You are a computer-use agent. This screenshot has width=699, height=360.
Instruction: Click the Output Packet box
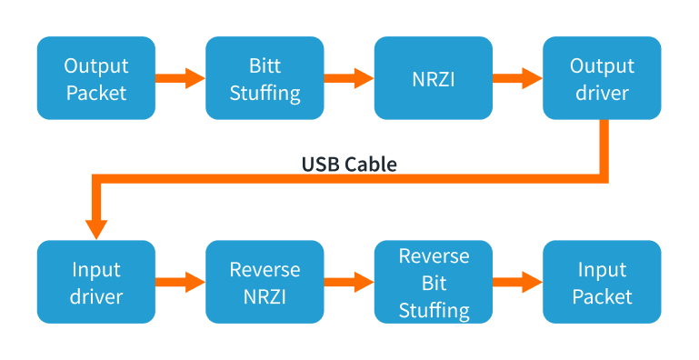96,78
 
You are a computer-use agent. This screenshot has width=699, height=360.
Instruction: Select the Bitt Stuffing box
265,78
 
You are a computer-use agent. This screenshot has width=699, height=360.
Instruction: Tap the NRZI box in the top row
434,78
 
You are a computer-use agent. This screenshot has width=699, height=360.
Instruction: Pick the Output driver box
601,78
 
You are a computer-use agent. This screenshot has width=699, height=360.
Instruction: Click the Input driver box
96,282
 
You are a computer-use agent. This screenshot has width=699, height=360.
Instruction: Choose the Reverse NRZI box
265,282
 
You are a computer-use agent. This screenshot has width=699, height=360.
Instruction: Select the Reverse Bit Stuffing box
434,282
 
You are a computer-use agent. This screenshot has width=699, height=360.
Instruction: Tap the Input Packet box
601,282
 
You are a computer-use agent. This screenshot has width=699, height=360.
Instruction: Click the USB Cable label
349,165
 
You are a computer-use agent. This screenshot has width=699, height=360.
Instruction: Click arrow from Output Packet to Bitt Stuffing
180,78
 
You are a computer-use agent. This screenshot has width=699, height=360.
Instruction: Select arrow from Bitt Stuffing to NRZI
348,78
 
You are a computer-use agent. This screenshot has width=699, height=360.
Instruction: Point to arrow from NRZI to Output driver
517,78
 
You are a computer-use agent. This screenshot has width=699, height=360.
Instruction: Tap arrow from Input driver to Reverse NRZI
180,282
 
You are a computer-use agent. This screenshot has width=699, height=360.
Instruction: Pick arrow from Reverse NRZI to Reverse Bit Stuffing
348,282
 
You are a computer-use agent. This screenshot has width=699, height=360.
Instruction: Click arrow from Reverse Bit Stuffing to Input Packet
517,282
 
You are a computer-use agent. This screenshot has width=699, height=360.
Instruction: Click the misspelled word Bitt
265,66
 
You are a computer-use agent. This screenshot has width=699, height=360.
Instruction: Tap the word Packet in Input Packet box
601,296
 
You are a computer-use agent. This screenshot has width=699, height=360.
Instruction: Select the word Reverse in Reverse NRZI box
265,269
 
